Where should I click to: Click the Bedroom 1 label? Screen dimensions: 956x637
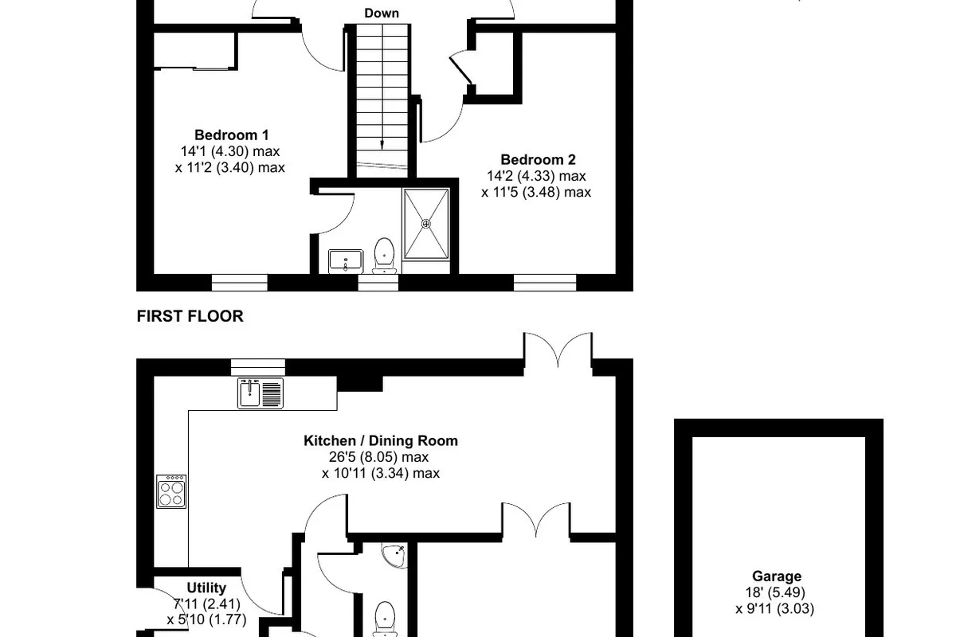click(231, 135)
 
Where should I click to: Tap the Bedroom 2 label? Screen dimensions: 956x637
click(538, 160)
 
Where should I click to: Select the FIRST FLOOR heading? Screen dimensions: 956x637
click(190, 316)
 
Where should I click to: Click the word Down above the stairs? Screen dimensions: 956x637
click(382, 14)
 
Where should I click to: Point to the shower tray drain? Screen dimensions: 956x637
click(426, 224)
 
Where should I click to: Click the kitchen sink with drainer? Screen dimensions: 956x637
click(261, 393)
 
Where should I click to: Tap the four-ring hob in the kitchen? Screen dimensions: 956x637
click(171, 491)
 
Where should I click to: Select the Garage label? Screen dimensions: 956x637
click(776, 576)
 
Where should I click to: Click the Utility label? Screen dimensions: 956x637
click(206, 588)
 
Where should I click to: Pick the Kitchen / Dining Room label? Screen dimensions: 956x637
click(381, 441)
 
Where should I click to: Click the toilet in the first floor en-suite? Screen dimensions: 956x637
click(385, 255)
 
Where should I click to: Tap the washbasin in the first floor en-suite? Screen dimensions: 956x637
click(346, 261)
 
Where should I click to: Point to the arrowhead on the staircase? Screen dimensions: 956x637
click(382, 145)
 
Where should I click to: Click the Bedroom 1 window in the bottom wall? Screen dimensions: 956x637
click(240, 283)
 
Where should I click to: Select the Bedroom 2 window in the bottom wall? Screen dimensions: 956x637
click(545, 283)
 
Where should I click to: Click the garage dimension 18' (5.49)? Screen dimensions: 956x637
click(775, 592)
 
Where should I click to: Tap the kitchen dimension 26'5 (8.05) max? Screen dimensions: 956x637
click(378, 457)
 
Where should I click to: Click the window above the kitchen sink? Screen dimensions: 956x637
click(258, 367)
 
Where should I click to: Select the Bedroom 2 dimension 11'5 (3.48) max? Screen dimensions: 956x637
click(536, 193)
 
